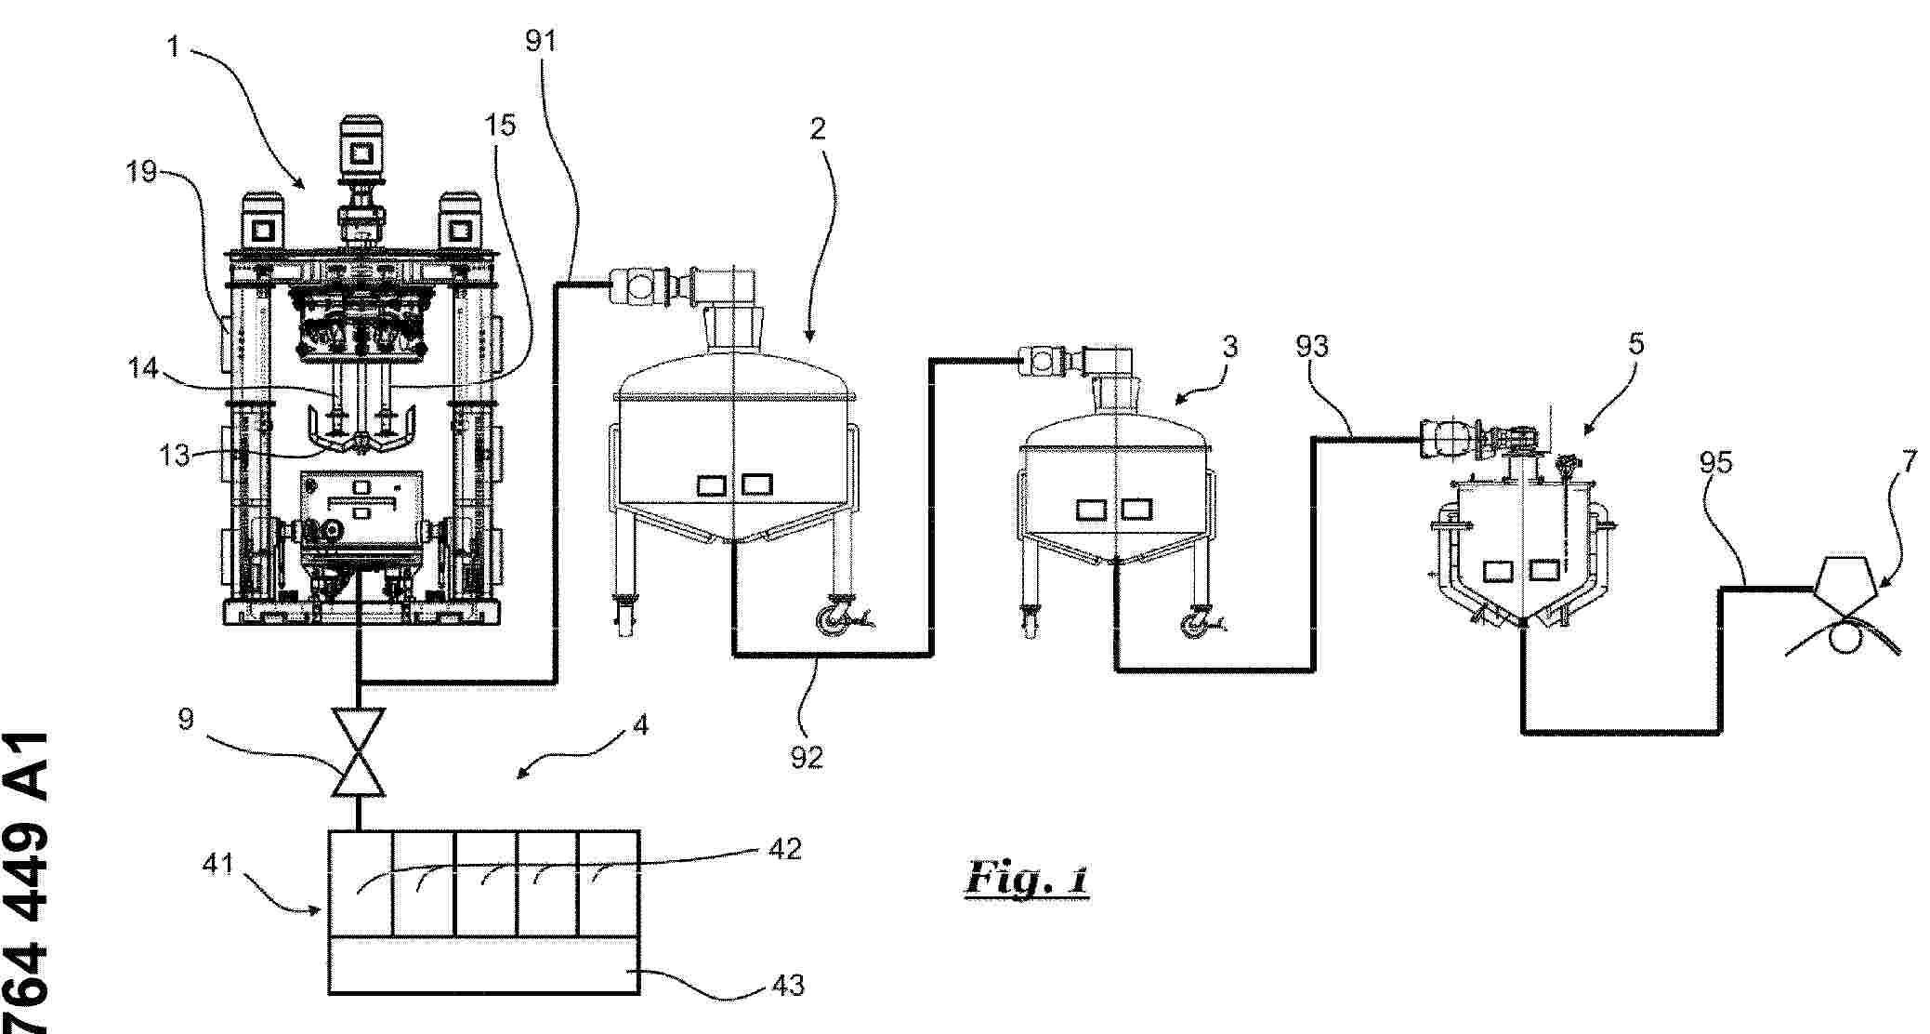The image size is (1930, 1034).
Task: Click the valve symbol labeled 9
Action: (x=359, y=751)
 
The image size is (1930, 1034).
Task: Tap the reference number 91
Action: (x=541, y=41)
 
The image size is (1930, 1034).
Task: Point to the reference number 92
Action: (x=807, y=757)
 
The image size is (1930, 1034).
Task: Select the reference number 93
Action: (x=1312, y=346)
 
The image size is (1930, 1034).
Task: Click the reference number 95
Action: (x=1715, y=462)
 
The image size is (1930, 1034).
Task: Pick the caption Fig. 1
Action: (x=1027, y=878)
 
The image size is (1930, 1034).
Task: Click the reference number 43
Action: (x=788, y=985)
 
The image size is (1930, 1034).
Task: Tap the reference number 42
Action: (x=785, y=849)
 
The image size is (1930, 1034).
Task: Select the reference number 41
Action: (x=217, y=864)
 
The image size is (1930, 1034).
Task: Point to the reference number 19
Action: (x=142, y=171)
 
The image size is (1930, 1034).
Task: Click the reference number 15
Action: (x=500, y=125)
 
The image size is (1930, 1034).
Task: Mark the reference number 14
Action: (x=142, y=368)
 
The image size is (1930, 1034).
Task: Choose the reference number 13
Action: (x=174, y=455)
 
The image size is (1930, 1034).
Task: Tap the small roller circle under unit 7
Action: (x=1843, y=639)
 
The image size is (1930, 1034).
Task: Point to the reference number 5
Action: (x=1636, y=344)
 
